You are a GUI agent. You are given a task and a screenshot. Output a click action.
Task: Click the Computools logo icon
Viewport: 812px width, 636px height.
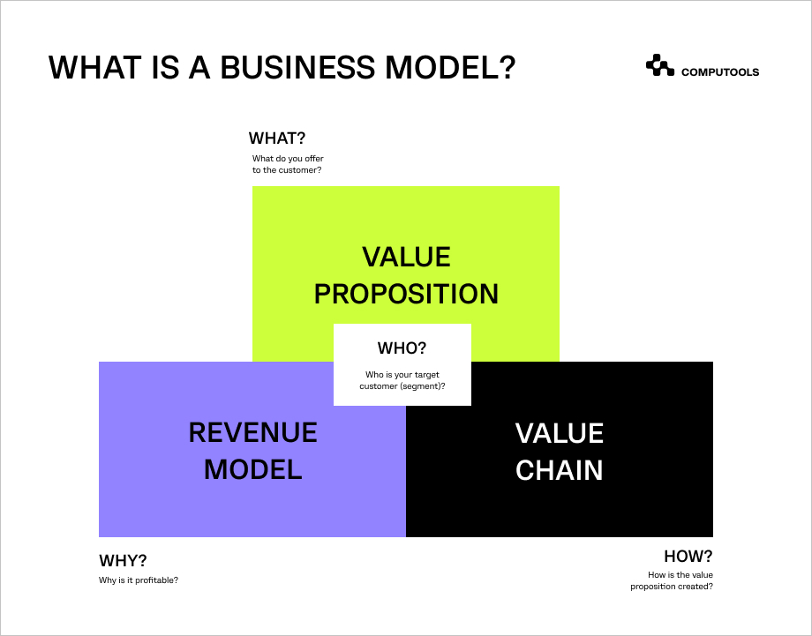point(659,66)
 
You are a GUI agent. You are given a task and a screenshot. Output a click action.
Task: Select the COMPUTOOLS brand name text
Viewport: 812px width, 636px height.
point(719,72)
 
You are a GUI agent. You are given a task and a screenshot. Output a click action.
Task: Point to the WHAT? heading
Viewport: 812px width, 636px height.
point(277,138)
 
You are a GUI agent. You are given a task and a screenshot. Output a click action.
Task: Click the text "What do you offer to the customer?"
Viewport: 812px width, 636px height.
point(288,164)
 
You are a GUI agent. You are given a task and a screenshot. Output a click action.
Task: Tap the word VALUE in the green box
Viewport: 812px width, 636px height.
point(406,257)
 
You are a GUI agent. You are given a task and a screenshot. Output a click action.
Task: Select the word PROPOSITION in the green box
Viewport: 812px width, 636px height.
point(406,294)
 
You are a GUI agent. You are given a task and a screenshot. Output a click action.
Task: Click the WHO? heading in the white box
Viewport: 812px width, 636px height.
point(402,348)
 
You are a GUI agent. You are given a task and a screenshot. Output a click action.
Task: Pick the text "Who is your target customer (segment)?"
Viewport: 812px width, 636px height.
point(402,380)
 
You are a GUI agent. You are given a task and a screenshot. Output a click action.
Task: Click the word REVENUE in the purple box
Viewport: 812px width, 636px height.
point(252,433)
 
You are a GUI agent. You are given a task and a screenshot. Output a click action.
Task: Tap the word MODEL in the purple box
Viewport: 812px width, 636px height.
point(252,470)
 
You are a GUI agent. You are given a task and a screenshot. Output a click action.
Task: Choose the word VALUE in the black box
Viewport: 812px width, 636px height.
point(560,433)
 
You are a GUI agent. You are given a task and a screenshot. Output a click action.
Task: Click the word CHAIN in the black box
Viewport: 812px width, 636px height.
point(560,470)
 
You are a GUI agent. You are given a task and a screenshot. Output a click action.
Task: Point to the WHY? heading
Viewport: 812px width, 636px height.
point(123,561)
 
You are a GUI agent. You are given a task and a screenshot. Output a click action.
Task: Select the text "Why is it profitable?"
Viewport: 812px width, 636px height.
point(139,580)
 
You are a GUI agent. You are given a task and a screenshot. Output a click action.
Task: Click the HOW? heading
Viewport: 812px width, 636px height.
point(688,557)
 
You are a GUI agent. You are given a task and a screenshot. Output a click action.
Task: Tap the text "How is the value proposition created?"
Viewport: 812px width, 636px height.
point(672,581)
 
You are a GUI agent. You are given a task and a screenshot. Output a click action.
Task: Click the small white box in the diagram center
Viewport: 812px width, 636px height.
point(402,393)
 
